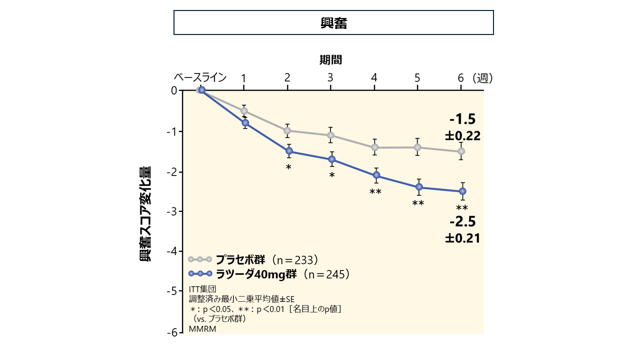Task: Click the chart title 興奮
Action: point(333,23)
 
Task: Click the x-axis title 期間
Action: point(330,60)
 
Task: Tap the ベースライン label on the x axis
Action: point(200,77)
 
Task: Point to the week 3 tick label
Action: point(330,77)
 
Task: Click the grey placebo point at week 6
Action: point(461,151)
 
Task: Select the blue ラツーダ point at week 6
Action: point(462,191)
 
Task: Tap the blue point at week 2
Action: point(289,151)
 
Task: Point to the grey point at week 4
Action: point(374,147)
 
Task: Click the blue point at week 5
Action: point(419,187)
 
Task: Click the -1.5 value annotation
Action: point(462,119)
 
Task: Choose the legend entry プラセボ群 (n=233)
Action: point(266,259)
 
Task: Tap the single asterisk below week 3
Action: point(332,175)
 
